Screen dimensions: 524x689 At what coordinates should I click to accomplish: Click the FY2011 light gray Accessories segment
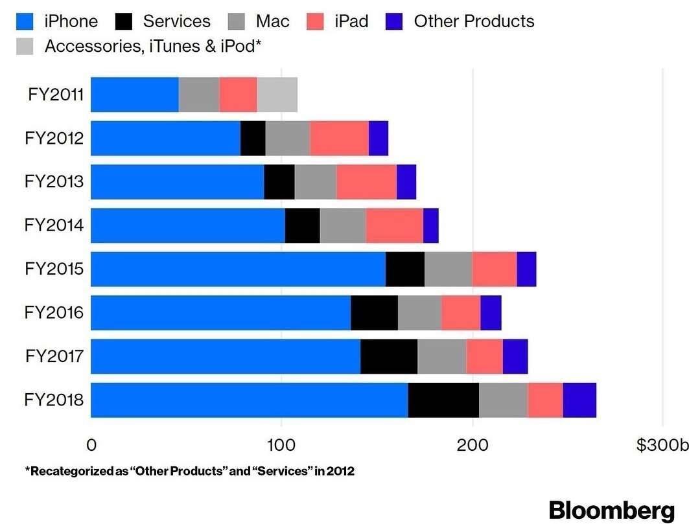tap(277, 94)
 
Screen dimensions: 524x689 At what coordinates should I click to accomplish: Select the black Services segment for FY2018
tap(443, 400)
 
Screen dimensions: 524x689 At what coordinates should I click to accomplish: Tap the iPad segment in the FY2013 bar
tap(366, 181)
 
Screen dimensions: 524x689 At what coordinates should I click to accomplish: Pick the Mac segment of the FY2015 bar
tap(448, 269)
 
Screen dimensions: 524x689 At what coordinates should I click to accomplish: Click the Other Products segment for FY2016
tap(491, 312)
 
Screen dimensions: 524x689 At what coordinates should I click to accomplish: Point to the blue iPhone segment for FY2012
tap(165, 137)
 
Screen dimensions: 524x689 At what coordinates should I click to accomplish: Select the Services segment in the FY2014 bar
tap(302, 225)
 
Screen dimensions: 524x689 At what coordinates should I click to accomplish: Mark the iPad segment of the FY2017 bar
tap(484, 356)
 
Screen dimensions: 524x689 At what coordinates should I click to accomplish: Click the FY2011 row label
tap(56, 95)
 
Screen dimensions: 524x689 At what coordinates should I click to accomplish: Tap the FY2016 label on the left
tap(54, 313)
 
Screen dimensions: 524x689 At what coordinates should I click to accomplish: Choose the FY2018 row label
tap(54, 400)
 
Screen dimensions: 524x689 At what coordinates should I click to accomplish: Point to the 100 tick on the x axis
tap(281, 445)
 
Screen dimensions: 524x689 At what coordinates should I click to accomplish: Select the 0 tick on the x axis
tap(91, 445)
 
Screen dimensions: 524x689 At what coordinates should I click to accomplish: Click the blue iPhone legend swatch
tap(24, 21)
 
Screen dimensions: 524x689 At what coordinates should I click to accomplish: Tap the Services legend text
tap(176, 21)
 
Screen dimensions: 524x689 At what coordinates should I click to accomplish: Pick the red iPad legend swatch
tap(315, 21)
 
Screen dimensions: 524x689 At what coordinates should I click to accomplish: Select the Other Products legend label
tap(474, 21)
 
